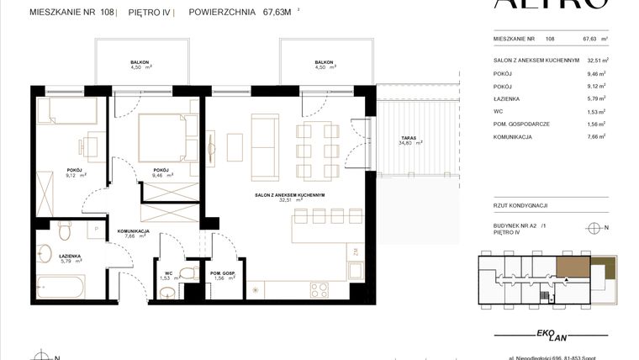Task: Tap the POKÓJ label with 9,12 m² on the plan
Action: coord(75,172)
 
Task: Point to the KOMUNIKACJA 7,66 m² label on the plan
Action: coord(134,233)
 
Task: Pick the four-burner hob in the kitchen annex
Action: coord(320,290)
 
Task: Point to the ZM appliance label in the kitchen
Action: coord(356,251)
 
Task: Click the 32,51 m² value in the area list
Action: coord(597,61)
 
